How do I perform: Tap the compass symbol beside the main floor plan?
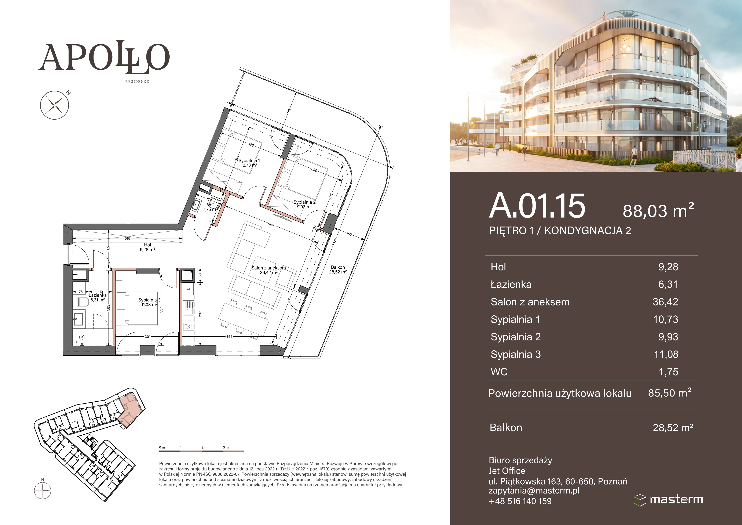point(55,105)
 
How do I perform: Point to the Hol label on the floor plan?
point(147,247)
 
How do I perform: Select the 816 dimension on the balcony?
point(312,136)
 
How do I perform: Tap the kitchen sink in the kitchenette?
point(188,307)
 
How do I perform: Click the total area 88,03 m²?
point(658,210)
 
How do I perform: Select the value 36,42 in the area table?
point(665,302)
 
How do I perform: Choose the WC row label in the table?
point(499,372)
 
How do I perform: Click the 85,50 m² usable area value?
point(670,393)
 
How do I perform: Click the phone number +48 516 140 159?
point(520,501)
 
